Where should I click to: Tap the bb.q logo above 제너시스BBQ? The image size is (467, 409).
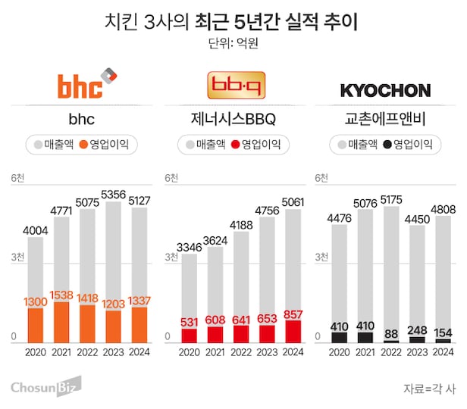231,84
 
